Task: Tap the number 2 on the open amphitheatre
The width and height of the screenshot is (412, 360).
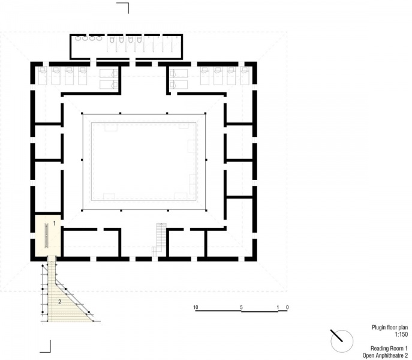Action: click(x=59, y=301)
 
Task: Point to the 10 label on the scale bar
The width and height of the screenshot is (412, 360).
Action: click(x=196, y=307)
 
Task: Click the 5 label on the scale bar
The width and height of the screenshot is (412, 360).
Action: click(x=241, y=307)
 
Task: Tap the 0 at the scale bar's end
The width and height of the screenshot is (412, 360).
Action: click(x=287, y=307)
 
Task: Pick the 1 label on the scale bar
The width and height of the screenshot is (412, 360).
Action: click(x=278, y=307)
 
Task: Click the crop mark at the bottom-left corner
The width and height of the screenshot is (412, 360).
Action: click(x=46, y=347)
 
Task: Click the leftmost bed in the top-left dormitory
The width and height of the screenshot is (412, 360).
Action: click(x=43, y=76)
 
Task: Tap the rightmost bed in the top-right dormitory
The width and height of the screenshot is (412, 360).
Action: click(x=245, y=76)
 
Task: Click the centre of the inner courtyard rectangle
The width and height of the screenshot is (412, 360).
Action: click(x=144, y=161)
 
